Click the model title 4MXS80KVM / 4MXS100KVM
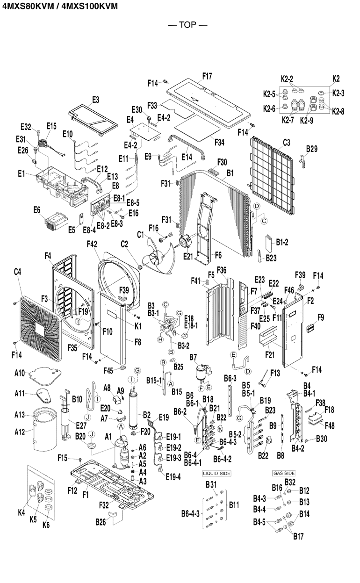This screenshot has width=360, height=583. click(x=59, y=6)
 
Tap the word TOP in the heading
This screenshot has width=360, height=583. click(x=187, y=25)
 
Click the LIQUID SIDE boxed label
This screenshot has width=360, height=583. click(x=216, y=473)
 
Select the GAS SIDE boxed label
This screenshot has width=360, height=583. click(x=284, y=473)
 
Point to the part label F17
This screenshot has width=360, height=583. click(x=207, y=76)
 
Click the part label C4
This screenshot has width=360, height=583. click(x=17, y=272)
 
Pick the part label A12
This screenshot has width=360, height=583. click(x=20, y=432)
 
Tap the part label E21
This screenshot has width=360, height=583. click(x=188, y=256)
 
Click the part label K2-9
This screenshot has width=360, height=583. click(x=306, y=121)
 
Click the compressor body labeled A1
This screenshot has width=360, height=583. click(x=121, y=453)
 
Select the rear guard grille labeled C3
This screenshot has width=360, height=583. click(x=272, y=176)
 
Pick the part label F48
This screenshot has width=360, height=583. click(x=330, y=425)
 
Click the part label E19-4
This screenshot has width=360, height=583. click(x=173, y=477)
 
